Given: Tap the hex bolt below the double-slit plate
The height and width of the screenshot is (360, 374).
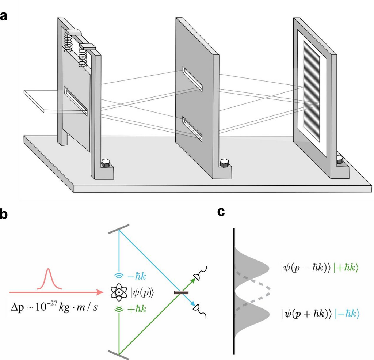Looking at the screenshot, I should (224, 163).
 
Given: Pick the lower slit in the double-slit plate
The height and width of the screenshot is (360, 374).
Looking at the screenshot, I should (192, 128).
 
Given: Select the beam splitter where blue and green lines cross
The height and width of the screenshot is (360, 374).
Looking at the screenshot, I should (179, 292).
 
